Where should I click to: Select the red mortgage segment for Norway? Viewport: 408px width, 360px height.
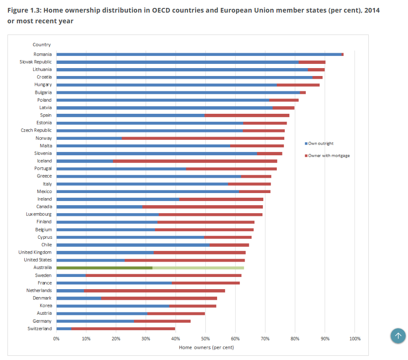[x=203, y=138]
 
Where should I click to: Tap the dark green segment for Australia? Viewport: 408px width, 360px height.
[x=104, y=268]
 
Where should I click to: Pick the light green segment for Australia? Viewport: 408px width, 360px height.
[x=198, y=268]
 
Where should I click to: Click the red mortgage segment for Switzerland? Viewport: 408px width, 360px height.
[x=123, y=329]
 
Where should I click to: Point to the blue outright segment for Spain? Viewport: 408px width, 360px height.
[x=130, y=115]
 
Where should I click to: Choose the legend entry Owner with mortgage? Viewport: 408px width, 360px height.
[x=329, y=156]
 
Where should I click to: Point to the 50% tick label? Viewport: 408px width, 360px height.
[x=205, y=338]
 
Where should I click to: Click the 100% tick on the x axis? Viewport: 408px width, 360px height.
[x=354, y=338]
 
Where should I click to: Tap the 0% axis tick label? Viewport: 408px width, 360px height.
[x=56, y=338]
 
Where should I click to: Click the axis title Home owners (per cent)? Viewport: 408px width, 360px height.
[x=206, y=347]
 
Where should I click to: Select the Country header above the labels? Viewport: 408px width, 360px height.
[x=42, y=45]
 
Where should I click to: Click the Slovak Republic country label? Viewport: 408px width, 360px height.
[x=35, y=62]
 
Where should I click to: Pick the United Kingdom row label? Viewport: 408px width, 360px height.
[x=35, y=252]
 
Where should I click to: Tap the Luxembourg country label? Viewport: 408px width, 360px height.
[x=39, y=214]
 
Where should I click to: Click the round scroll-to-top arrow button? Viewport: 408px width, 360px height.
[x=398, y=335]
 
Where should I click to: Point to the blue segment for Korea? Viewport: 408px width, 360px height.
[x=113, y=306]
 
